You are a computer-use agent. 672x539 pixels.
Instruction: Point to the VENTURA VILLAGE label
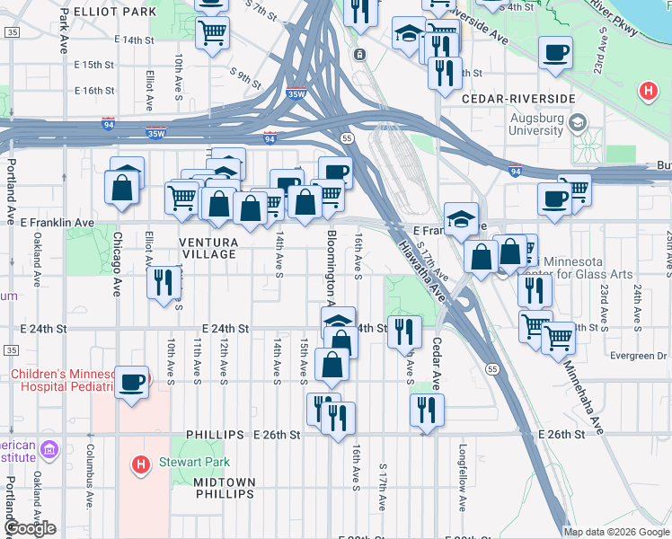[x=208, y=249]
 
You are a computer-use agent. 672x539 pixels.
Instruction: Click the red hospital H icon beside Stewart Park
[x=140, y=464]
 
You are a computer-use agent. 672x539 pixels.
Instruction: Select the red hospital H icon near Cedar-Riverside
[x=647, y=91]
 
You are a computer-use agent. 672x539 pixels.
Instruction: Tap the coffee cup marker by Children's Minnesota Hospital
[x=132, y=382]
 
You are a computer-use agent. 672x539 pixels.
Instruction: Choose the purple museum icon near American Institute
[x=49, y=447]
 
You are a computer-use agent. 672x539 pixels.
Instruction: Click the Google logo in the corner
[x=31, y=528]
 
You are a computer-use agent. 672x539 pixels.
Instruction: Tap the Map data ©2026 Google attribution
[x=616, y=532]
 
